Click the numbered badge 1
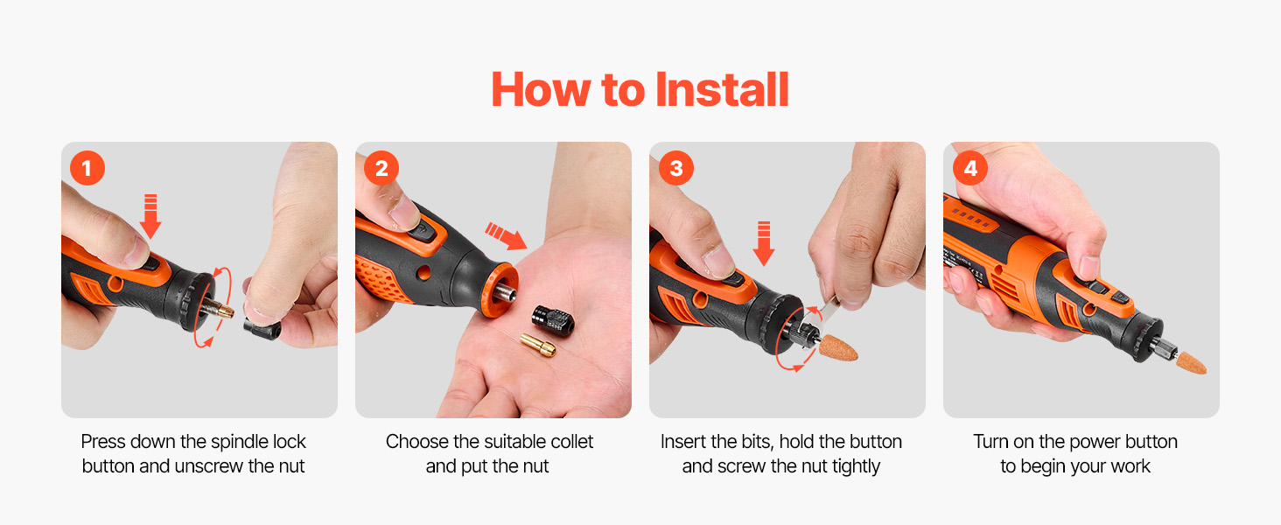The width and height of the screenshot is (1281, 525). click(87, 168)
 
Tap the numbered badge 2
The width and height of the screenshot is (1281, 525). click(381, 168)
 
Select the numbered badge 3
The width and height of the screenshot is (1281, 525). click(676, 168)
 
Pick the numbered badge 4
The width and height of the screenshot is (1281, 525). click(969, 168)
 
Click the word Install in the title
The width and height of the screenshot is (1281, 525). click(722, 90)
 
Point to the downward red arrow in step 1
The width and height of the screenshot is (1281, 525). click(150, 216)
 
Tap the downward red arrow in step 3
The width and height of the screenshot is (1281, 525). click(764, 243)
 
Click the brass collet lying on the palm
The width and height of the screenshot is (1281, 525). click(538, 346)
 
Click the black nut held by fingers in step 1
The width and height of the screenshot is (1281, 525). click(262, 328)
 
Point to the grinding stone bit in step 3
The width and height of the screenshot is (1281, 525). click(838, 348)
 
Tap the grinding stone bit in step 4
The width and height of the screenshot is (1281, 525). click(1191, 362)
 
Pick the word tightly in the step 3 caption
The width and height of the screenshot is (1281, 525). click(856, 466)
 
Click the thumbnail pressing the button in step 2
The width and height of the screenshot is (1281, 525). click(405, 213)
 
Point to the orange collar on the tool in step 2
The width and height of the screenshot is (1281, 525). click(499, 290)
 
